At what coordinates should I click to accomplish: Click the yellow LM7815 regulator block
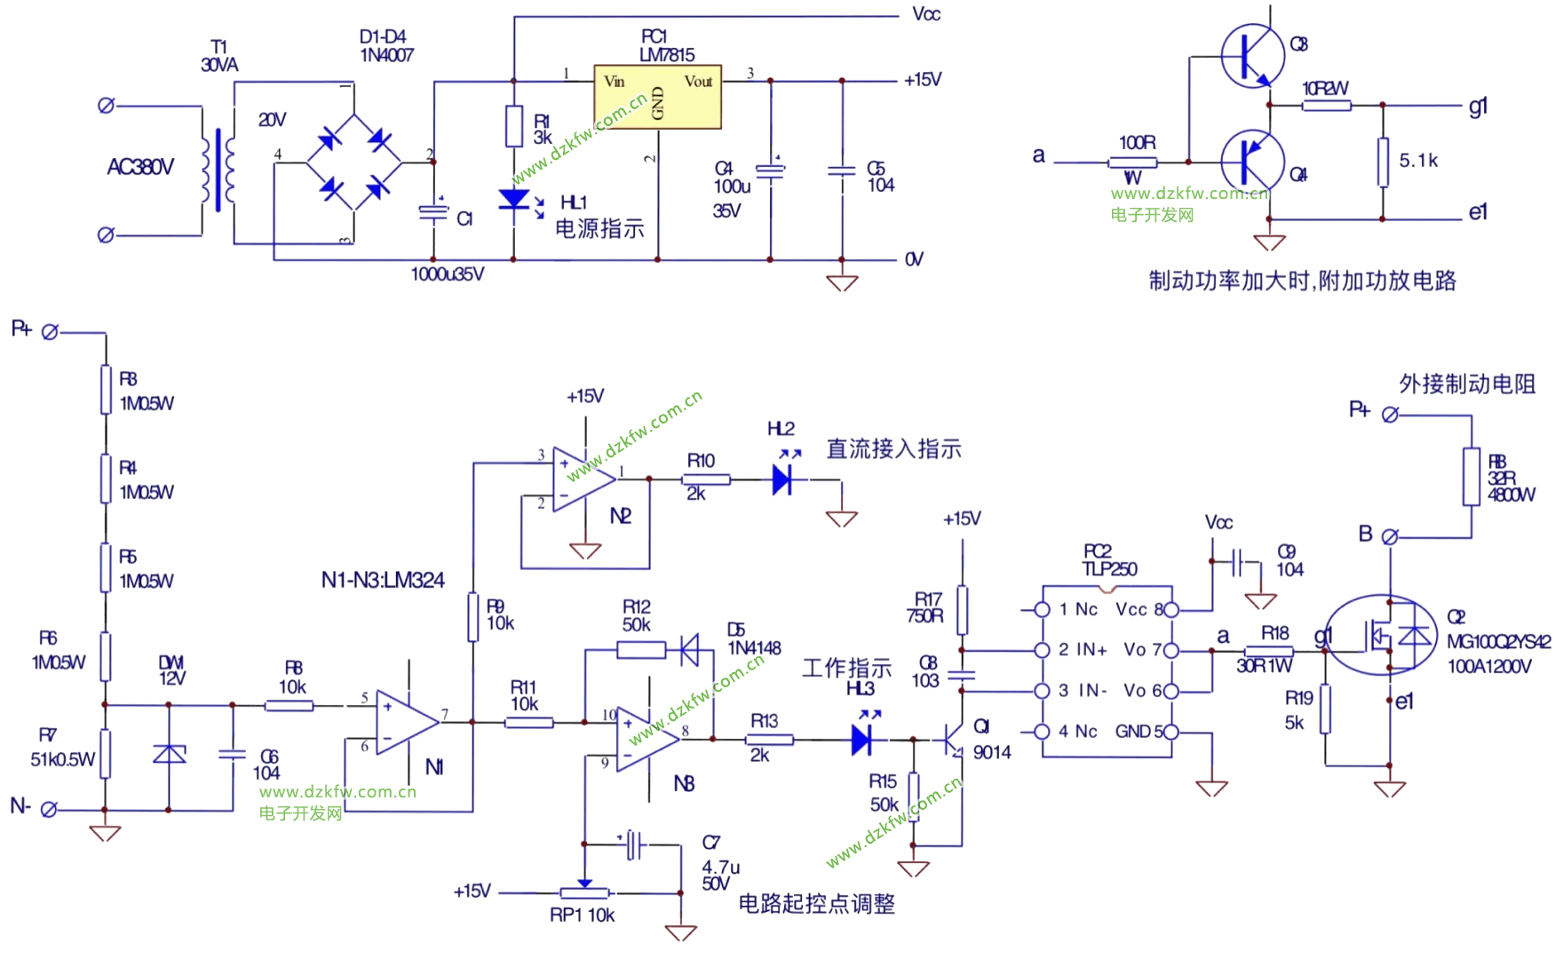(657, 96)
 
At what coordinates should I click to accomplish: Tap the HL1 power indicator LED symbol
(514, 200)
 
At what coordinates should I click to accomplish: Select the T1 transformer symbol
(218, 169)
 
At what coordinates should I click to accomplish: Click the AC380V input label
(140, 167)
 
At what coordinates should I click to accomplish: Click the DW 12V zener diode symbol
(169, 755)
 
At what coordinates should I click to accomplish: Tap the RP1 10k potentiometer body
(584, 893)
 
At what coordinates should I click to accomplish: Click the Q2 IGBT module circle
(1381, 635)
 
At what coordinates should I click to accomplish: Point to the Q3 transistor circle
(1252, 55)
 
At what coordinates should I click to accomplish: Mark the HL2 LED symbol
(781, 480)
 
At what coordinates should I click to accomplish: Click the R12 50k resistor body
(640, 651)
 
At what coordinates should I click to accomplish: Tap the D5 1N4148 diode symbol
(689, 651)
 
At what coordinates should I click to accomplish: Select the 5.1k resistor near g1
(1383, 162)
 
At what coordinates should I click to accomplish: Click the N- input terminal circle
(50, 810)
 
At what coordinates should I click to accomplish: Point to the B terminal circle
(1391, 537)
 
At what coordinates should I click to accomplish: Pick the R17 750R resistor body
(962, 610)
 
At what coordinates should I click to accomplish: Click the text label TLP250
(1109, 569)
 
